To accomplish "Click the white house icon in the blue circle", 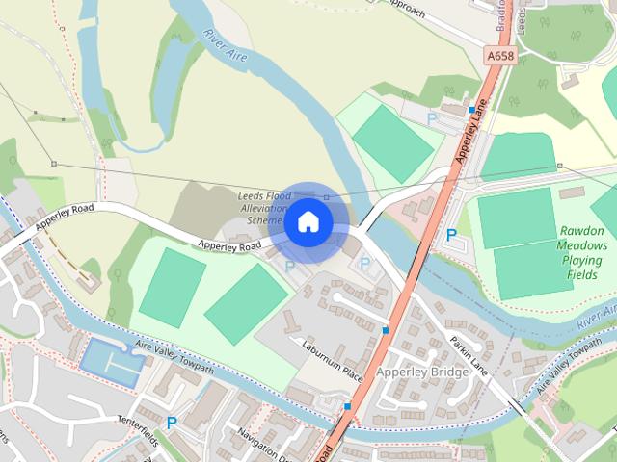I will (308, 221).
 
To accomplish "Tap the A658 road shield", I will (500, 57).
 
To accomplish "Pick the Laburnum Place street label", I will (331, 360).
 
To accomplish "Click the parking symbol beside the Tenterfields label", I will (172, 423).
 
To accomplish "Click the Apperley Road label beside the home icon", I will (229, 245).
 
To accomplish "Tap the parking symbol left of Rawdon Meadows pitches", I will (451, 235).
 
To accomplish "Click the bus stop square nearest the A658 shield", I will (470, 110).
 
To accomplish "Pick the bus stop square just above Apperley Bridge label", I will (385, 330).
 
